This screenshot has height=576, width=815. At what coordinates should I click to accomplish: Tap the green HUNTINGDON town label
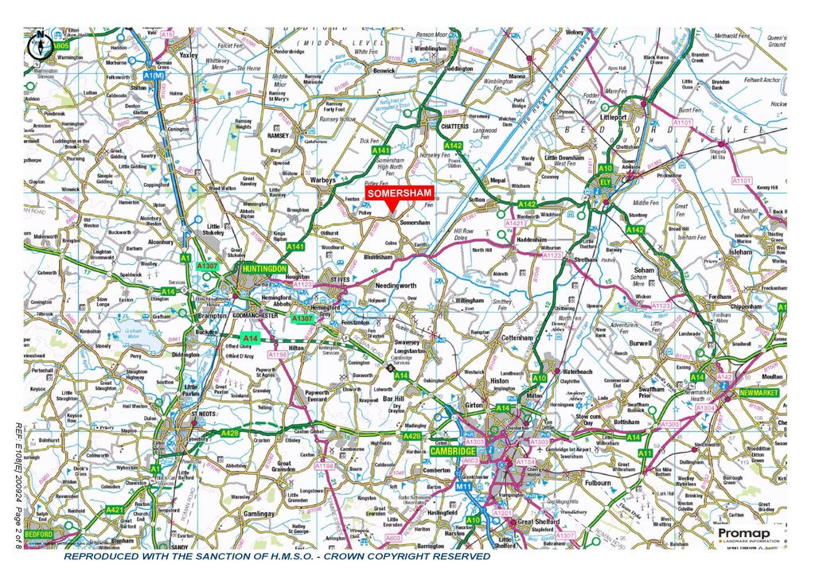(x=265, y=270)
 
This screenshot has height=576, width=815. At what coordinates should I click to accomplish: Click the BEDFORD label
(x=39, y=534)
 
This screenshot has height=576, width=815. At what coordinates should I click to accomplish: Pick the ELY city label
(x=605, y=181)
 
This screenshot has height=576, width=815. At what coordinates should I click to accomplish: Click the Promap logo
(x=744, y=535)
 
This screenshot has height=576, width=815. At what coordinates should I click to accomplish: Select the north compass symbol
(x=38, y=45)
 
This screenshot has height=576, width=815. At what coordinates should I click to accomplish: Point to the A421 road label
(x=115, y=509)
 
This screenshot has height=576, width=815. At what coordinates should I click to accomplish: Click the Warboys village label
(x=322, y=180)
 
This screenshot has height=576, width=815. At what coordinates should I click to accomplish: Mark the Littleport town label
(x=620, y=116)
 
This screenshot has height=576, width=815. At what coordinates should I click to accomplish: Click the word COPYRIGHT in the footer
(x=370, y=556)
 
